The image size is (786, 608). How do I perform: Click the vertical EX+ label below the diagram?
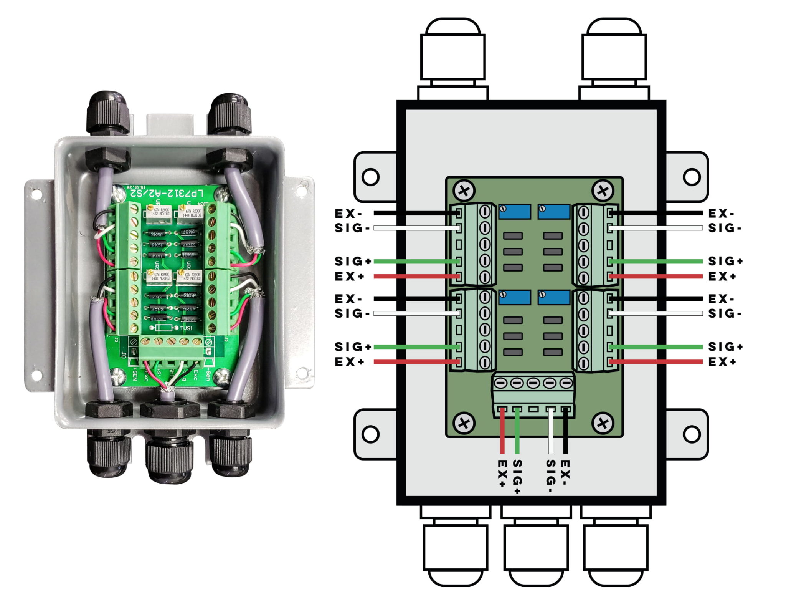tap(502, 473)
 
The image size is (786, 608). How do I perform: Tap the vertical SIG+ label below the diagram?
tap(517, 476)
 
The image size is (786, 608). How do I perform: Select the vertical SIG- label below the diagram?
tap(551, 476)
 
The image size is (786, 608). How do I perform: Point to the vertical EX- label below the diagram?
tap(565, 472)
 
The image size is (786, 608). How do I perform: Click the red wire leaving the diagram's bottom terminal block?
tap(502, 432)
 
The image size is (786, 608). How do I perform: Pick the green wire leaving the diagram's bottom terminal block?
tap(517, 432)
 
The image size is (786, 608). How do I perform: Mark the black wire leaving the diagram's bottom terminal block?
tap(565, 432)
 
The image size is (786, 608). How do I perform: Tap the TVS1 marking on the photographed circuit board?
tap(186, 328)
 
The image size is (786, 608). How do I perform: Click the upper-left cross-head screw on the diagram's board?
tap(464, 191)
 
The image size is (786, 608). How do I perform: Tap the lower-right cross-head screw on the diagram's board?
tap(603, 423)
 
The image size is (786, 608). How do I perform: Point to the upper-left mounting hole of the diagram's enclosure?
tap(370, 177)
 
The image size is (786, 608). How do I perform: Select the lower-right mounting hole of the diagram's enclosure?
tap(692, 434)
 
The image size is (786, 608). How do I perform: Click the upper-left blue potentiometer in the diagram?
tap(514, 212)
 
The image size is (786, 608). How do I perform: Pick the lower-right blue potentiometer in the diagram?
tap(553, 297)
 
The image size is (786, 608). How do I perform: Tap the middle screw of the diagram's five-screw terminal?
tap(533, 383)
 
